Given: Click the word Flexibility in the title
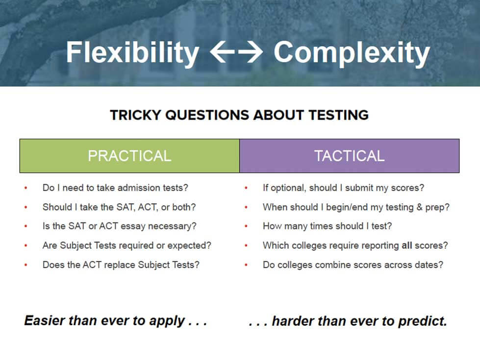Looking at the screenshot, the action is coord(132,53).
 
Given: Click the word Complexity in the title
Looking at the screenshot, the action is coord(352,53).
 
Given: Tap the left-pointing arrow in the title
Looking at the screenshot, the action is coord(222,52).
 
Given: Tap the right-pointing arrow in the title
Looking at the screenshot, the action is coord(251,52).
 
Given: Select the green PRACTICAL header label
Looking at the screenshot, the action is coord(129,156).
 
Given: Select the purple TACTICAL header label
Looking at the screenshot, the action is coord(349,156).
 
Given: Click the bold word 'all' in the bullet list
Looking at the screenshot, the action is coord(406,245).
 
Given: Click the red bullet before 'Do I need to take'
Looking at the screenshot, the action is coord(26,188).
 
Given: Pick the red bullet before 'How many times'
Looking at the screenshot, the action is coord(246,226).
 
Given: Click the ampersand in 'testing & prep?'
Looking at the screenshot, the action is coord(419,207).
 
